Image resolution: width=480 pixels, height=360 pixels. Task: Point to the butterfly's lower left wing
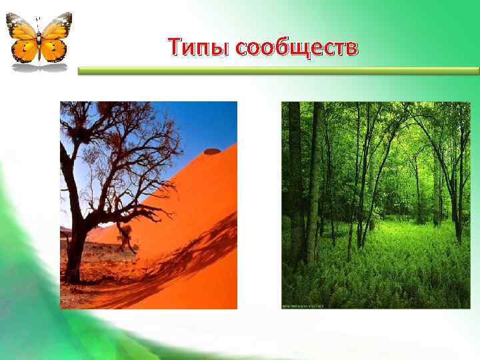pyautogui.click(x=27, y=49)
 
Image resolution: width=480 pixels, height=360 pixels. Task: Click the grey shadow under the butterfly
pyautogui.click(x=40, y=67)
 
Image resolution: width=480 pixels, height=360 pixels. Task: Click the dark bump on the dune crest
pyautogui.click(x=212, y=151)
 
